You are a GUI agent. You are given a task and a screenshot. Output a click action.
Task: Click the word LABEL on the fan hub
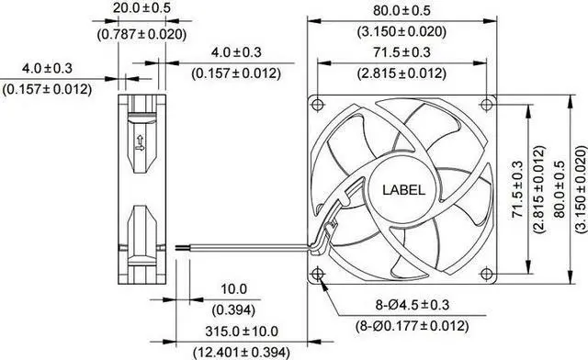(x=404, y=190)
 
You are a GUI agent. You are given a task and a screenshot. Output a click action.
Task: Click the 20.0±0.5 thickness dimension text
(x=141, y=8)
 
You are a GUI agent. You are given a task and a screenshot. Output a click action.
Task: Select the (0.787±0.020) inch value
(x=141, y=35)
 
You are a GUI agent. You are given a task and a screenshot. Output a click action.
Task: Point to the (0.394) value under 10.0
(x=233, y=310)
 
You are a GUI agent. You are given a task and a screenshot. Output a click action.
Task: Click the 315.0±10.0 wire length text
(x=242, y=332)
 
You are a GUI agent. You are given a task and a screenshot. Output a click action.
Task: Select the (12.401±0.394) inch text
(x=242, y=353)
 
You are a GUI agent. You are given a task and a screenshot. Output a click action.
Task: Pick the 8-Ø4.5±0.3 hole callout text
(x=413, y=305)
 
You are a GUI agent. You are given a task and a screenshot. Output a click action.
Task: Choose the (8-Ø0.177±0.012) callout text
(x=413, y=326)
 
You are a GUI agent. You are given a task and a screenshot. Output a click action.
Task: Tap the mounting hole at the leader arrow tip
(x=318, y=274)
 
